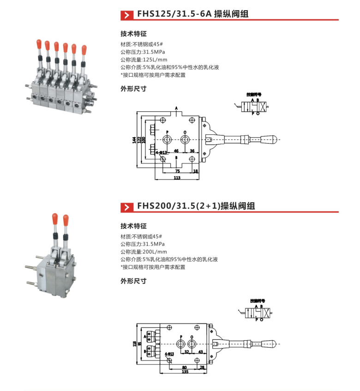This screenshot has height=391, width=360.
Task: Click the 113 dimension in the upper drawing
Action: coord(176,177)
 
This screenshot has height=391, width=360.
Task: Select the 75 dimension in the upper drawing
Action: coord(177,170)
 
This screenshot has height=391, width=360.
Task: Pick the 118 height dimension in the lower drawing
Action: coord(134,343)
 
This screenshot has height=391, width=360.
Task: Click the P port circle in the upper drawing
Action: coord(167,139)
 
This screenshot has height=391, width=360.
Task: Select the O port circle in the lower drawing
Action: coord(191,344)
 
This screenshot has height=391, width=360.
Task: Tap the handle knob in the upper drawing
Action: coord(271,139)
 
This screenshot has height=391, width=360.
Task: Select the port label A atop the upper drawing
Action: coord(176,108)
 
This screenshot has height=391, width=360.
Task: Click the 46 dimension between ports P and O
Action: coord(175,151)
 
